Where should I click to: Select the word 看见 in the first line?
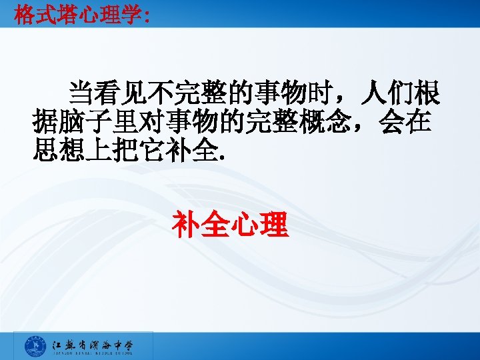[120, 94]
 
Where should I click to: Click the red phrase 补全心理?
[230, 225]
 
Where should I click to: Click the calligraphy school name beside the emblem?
[93, 345]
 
